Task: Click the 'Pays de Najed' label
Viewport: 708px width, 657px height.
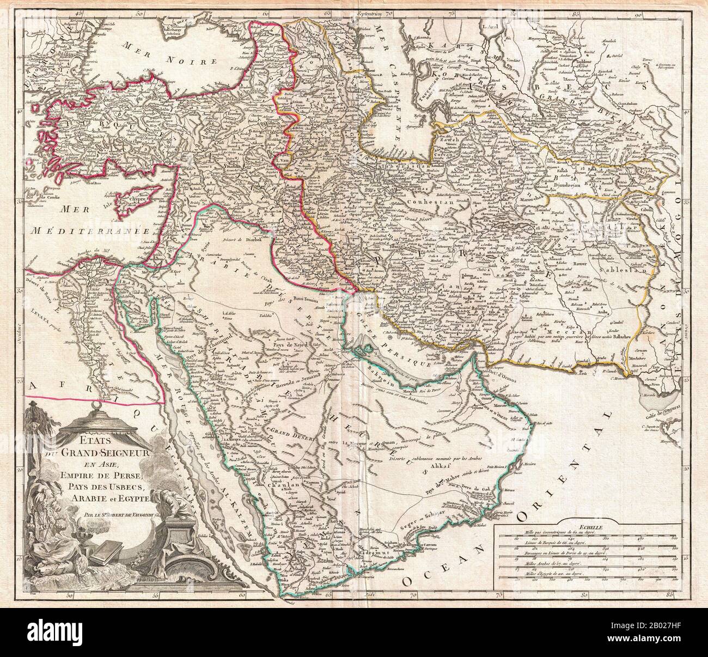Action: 292,345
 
